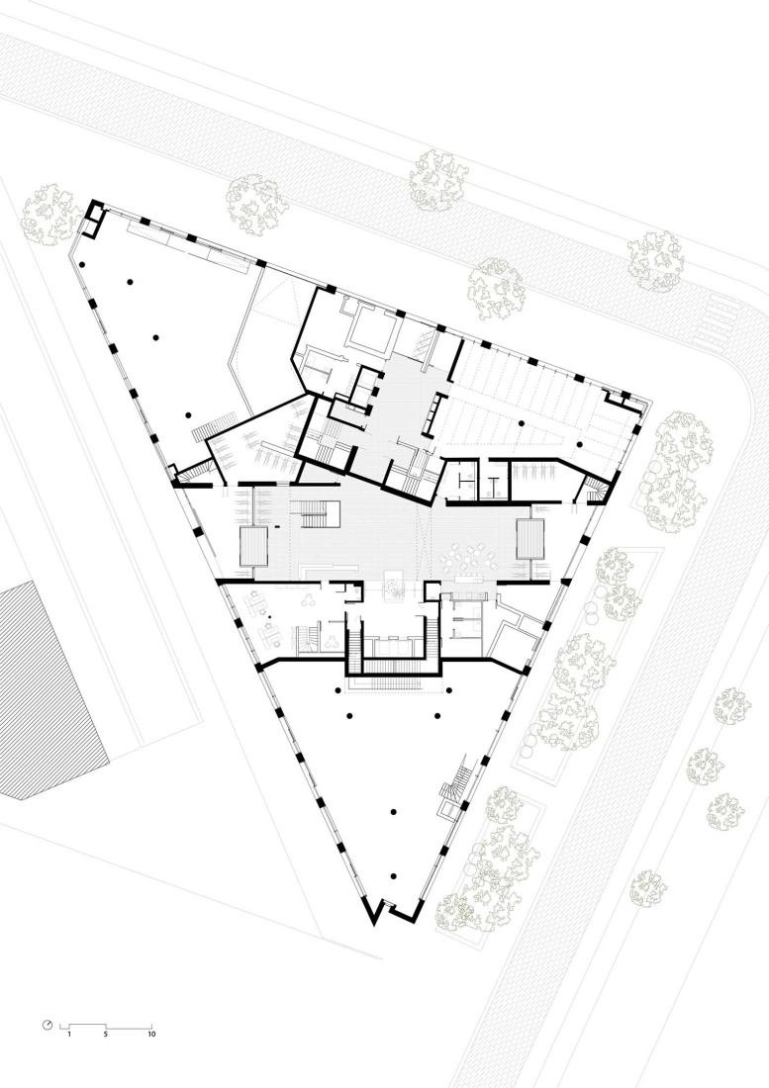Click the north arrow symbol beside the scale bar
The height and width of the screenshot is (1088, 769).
(48, 1024)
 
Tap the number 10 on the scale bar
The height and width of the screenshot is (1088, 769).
(151, 1034)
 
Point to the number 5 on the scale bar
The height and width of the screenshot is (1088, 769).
(106, 1034)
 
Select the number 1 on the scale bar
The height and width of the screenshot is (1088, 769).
(68, 1034)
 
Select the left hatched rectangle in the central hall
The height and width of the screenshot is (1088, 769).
(253, 545)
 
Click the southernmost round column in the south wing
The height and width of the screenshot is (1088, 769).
(394, 876)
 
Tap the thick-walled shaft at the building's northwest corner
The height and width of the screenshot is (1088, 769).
(92, 218)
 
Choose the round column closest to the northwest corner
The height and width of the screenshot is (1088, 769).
(82, 264)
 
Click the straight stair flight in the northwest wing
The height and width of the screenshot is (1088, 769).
(216, 424)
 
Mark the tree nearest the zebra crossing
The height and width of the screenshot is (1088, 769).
(656, 260)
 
